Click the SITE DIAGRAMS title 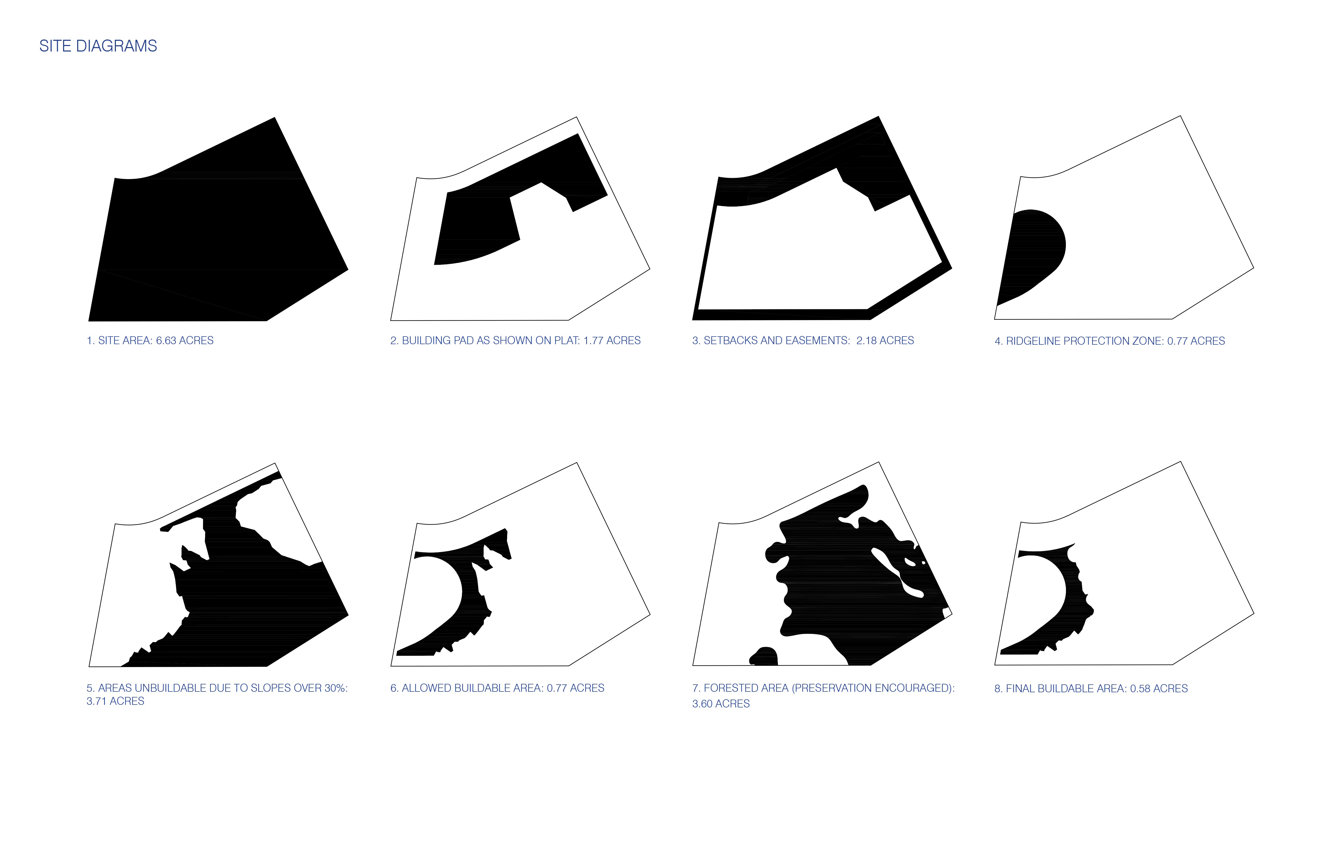point(98,46)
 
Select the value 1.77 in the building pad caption point(593,341)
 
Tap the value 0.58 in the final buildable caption point(1140,689)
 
